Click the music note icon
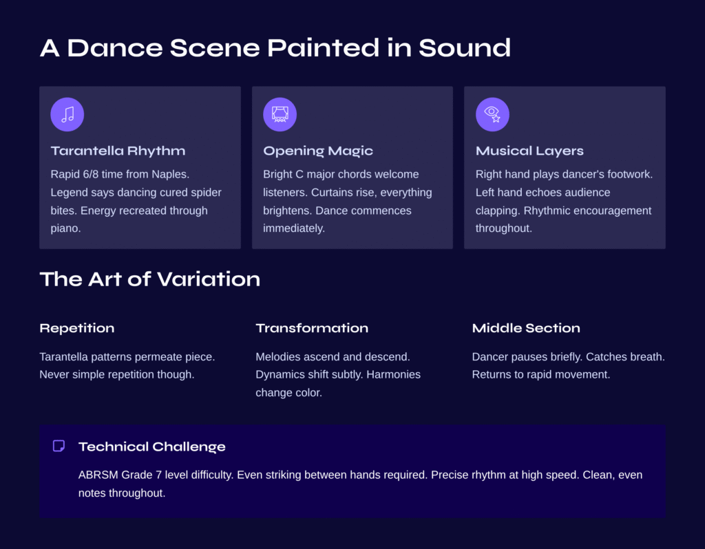click(67, 115)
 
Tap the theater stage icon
click(280, 115)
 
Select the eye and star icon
click(492, 115)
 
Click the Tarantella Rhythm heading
click(118, 151)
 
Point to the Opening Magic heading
click(318, 151)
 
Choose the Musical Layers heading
click(529, 151)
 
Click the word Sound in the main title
click(465, 48)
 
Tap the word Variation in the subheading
click(209, 279)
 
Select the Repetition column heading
click(77, 328)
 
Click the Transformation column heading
click(312, 328)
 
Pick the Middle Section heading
click(526, 328)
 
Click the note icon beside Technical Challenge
click(59, 446)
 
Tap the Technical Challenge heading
click(152, 446)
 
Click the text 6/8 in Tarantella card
click(90, 174)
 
